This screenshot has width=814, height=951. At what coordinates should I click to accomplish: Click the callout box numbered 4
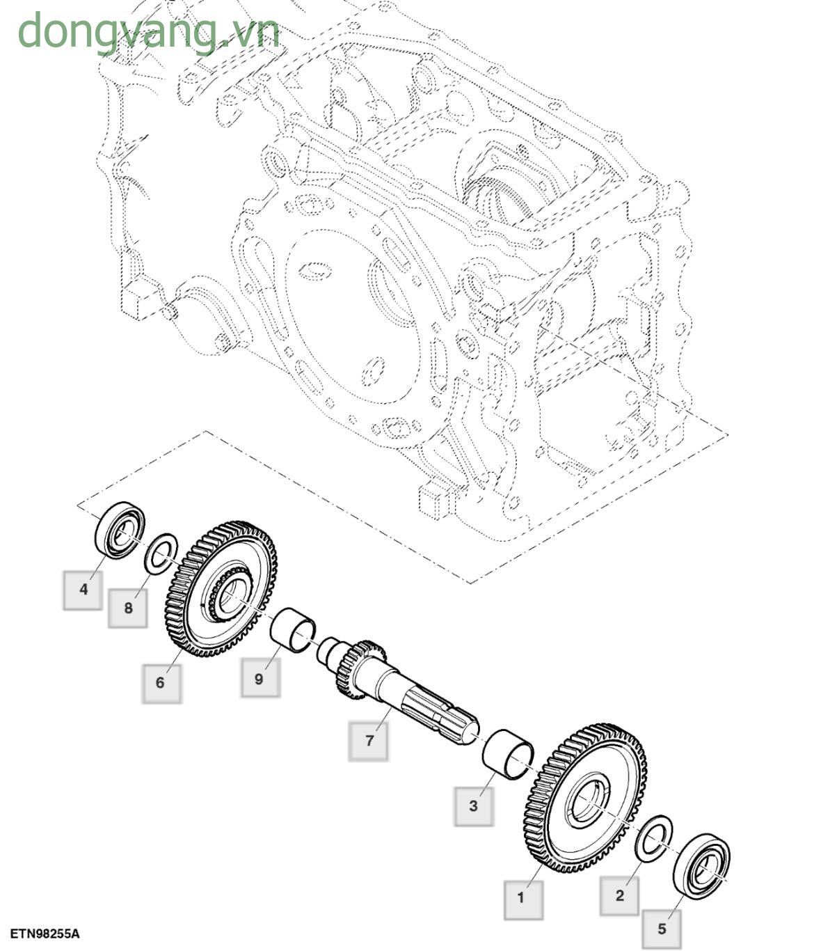coord(83,590)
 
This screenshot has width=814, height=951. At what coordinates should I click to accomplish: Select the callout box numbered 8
coord(128,608)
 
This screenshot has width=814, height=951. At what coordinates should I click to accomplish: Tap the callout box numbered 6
coord(161,682)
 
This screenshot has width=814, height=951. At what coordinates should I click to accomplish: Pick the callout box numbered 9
coord(260,678)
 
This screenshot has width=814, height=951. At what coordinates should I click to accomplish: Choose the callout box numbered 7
coord(369,740)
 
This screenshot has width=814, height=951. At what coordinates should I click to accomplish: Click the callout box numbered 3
coord(474,805)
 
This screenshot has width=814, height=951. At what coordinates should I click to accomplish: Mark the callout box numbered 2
coord(620,895)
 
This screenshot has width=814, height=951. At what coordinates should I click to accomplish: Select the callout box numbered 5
coord(662,928)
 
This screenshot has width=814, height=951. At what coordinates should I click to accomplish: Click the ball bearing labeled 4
coord(120,529)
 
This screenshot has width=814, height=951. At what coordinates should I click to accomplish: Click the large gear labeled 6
coord(221,588)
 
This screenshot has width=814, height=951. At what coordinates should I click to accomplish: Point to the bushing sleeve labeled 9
coord(293,629)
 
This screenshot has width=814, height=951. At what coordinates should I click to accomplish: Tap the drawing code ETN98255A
coord(45,933)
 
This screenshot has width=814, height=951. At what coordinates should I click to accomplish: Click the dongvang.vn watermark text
coord(148,31)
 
